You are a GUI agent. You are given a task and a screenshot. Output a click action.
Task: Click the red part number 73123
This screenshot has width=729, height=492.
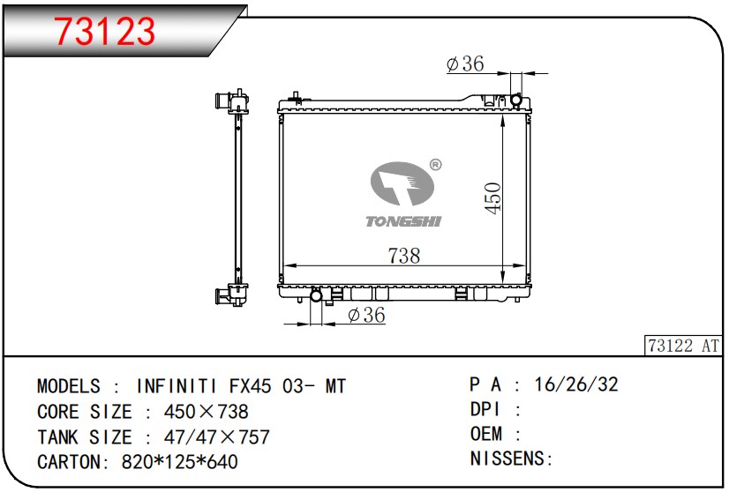click(105, 31)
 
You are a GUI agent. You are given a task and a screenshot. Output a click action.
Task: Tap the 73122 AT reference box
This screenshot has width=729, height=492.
click(683, 345)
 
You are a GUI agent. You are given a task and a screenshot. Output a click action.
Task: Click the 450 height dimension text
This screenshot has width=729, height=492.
click(492, 198)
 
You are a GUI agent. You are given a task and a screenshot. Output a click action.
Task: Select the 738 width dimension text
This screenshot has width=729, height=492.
click(404, 256)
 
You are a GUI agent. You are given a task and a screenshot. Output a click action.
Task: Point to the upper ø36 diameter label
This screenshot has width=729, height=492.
click(465, 63)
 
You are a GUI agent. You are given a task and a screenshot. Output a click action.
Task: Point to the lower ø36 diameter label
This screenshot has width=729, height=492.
click(366, 315)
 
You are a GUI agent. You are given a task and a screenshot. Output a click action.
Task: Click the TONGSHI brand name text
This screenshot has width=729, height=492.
click(403, 221)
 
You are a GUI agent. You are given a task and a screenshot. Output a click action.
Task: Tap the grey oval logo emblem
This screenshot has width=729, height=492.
click(402, 183)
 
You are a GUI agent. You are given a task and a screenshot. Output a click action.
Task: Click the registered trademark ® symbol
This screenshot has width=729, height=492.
click(435, 165)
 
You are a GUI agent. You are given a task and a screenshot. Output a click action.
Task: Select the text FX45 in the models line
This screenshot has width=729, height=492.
click(250, 386)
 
